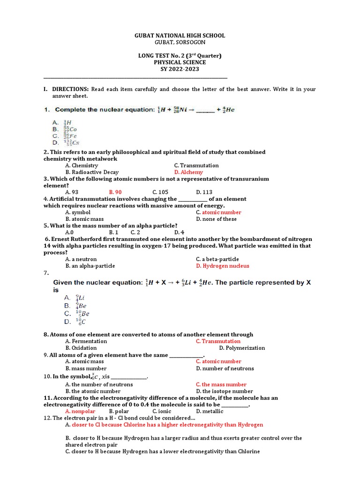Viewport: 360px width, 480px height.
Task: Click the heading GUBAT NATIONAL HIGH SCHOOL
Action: pos(180,36)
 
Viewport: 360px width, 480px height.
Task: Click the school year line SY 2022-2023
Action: pos(180,69)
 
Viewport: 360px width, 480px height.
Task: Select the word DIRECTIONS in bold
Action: pos(70,89)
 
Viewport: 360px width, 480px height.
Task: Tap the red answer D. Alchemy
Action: pos(188,172)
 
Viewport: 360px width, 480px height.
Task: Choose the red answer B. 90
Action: pos(115,192)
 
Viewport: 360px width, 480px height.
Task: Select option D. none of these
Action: pos(216,219)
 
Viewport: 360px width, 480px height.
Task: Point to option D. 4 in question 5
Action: pos(179,232)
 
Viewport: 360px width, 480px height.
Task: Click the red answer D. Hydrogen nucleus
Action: pos(223,266)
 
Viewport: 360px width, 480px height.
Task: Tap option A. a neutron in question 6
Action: pos(81,259)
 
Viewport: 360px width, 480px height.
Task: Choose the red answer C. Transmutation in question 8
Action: pos(218,341)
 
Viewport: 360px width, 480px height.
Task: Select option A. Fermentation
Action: pos(86,341)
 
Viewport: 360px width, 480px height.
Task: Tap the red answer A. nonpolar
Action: pos(80,411)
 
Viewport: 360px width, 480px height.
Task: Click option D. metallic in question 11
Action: pos(210,411)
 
